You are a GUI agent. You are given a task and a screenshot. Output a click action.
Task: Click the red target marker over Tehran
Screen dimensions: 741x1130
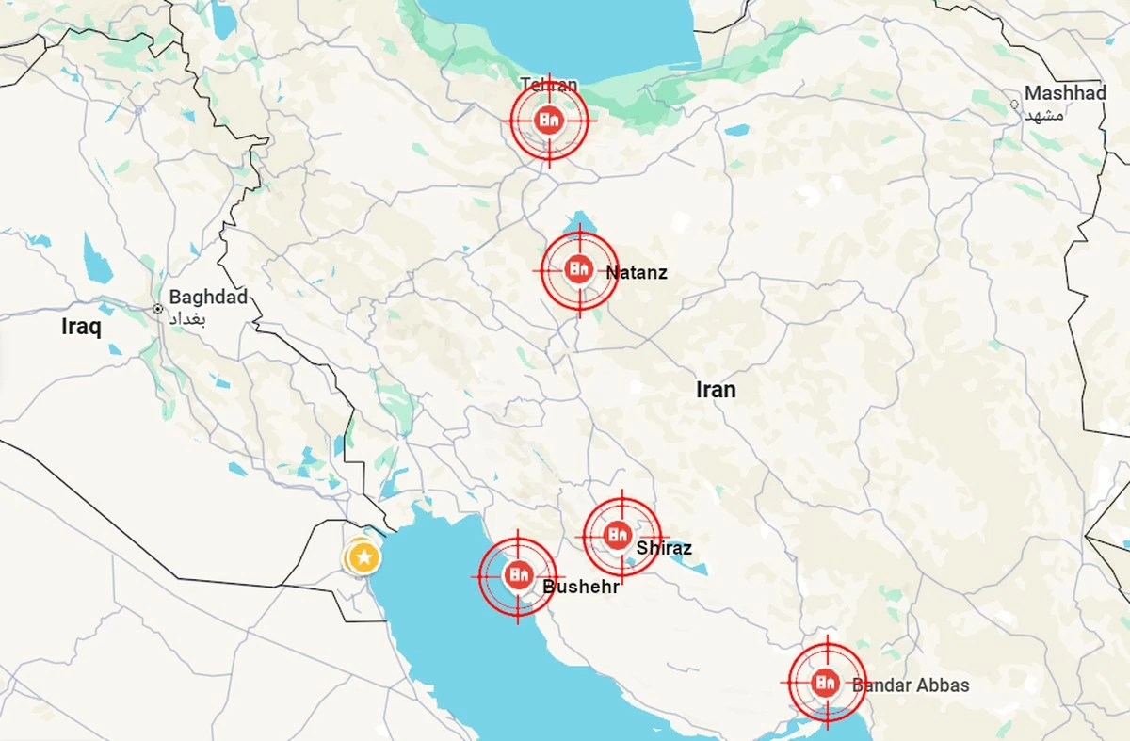coord(550,120)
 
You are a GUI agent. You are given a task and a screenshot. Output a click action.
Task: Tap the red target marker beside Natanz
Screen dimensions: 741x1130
coord(579,270)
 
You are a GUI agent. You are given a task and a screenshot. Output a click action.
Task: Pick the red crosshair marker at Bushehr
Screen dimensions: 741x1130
coord(517,574)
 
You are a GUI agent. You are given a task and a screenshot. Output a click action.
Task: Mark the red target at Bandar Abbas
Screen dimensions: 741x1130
coord(827,682)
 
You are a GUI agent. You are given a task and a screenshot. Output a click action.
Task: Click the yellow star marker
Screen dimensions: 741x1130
coord(363,557)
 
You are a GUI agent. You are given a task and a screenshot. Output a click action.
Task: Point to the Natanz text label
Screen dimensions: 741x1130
coord(637,273)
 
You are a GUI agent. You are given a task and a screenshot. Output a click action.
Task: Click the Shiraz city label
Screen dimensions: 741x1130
coord(664,548)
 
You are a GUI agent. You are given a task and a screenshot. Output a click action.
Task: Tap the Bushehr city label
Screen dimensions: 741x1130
coord(580,587)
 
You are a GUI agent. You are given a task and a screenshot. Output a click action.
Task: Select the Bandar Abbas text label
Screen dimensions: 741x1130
coord(911,685)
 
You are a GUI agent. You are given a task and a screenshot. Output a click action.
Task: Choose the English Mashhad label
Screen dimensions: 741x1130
coord(1065,93)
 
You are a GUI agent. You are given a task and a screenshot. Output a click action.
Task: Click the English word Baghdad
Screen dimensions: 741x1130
coord(208,298)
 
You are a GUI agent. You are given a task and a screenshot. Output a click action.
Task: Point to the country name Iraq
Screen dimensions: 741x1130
coord(81,327)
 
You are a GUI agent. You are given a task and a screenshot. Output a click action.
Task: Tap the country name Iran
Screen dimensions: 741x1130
coord(716,389)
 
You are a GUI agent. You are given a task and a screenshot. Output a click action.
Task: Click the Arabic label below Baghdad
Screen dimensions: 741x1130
coord(186,318)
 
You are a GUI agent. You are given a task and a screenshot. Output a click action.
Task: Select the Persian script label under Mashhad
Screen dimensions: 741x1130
coord(1044,115)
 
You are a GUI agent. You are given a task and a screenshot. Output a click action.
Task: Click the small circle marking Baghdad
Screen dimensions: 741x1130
coord(158,308)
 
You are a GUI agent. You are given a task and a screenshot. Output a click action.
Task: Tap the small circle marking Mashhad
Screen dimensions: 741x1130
coord(1014,104)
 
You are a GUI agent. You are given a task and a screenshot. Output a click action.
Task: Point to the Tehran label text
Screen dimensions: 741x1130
coord(549,85)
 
